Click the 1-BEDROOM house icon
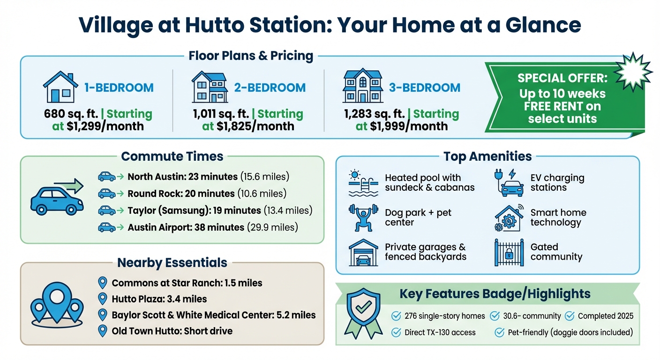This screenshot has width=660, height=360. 60,87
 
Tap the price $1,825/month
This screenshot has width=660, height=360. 255,127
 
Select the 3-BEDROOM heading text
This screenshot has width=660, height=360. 424,88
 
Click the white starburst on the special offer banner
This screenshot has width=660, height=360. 633,72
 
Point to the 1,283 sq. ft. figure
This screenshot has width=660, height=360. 374,114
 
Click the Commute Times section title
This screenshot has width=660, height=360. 172,157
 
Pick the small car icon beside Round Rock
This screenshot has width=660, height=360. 106,194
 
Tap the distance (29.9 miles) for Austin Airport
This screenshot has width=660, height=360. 272,227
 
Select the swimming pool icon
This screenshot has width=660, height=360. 363,183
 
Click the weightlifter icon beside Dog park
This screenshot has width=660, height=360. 363,217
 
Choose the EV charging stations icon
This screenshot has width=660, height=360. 509,183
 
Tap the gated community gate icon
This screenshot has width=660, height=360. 509,253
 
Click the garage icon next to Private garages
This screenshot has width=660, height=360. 363,253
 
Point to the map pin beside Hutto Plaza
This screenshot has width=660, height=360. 102,299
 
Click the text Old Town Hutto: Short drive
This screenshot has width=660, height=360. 172,331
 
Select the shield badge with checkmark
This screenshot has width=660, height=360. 363,313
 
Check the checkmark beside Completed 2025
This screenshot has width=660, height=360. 570,316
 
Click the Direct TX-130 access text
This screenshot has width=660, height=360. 440,333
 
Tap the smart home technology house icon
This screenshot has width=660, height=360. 509,218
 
